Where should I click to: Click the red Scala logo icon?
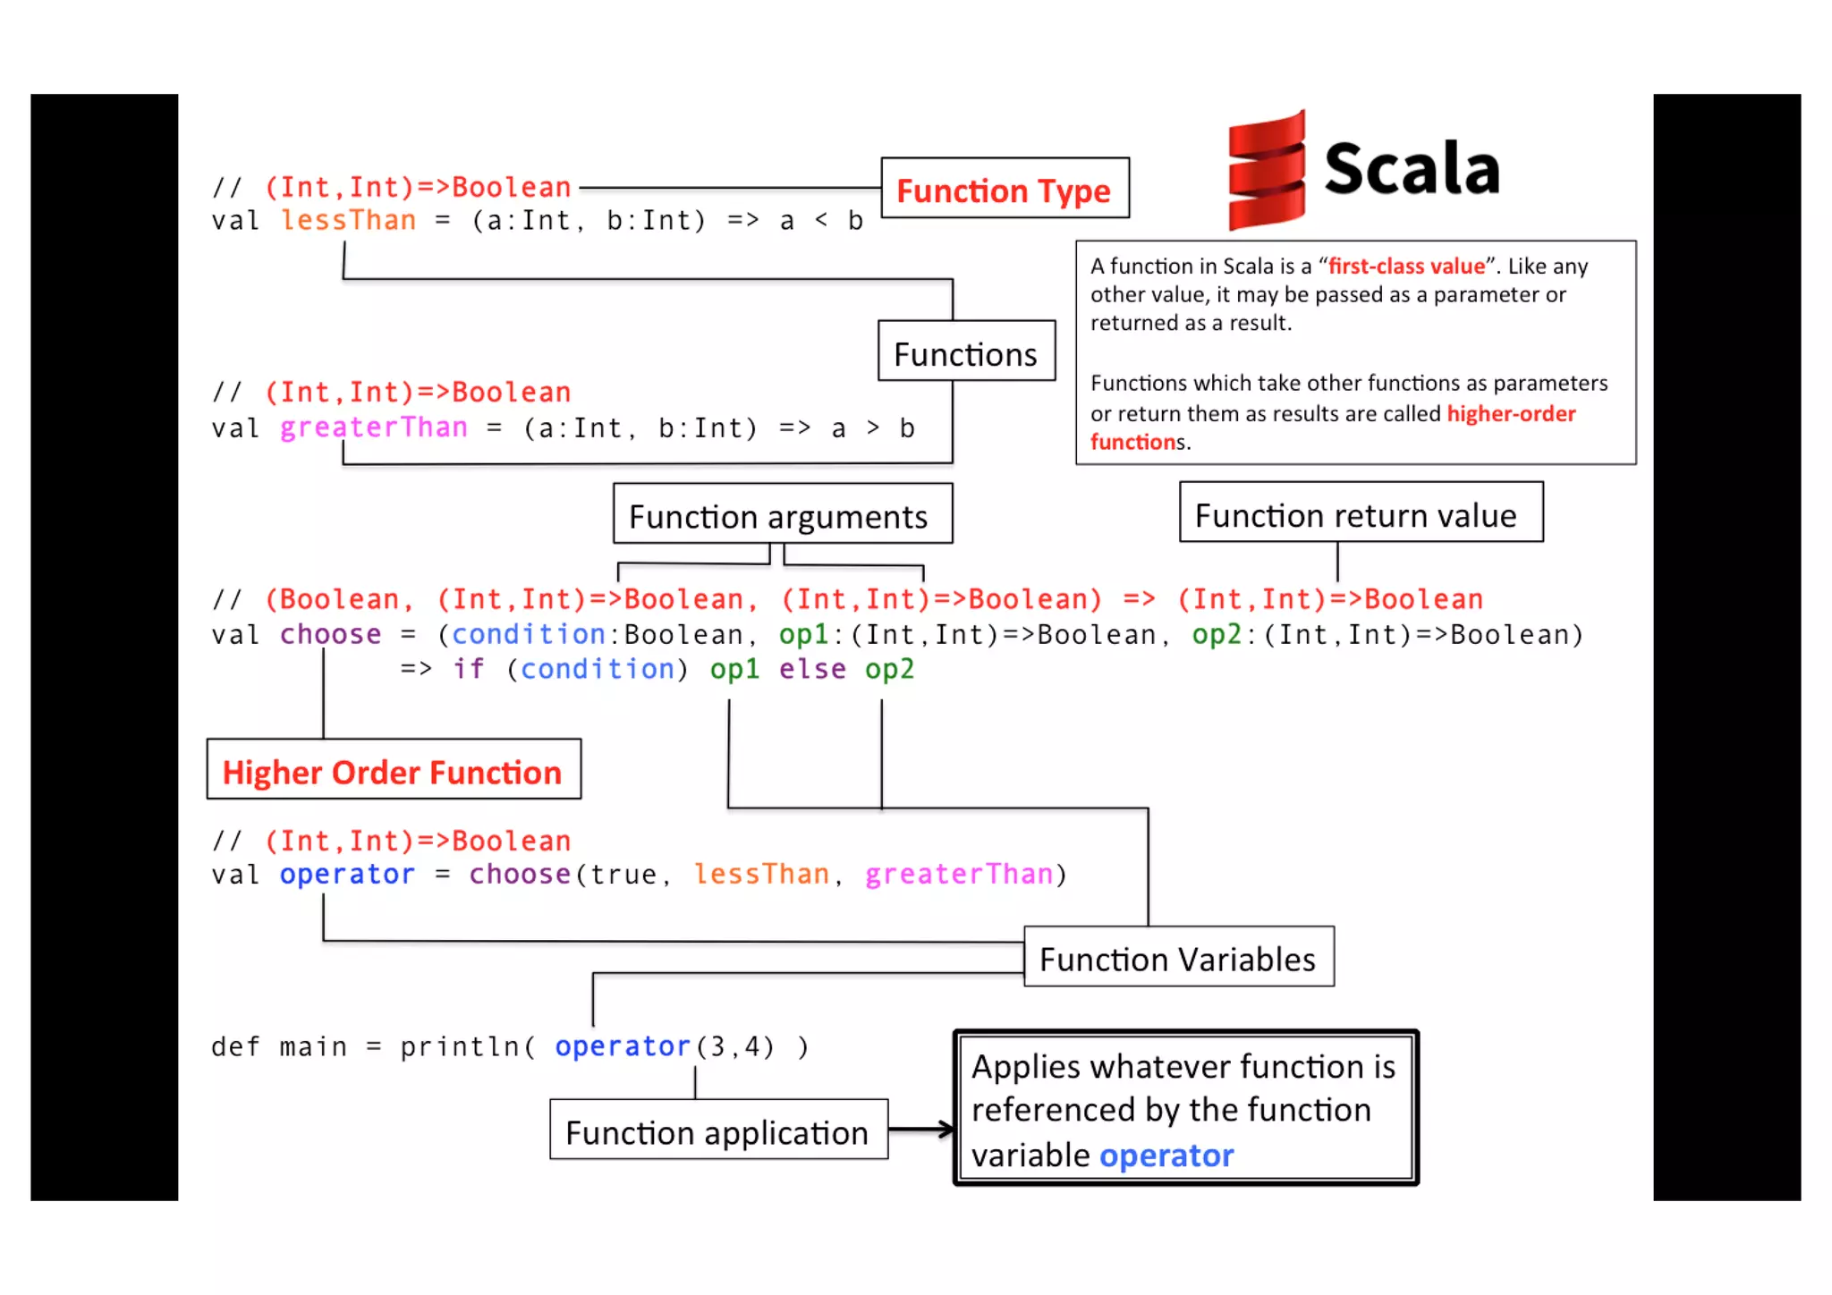[1267, 171]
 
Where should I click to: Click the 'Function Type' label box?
[1005, 189]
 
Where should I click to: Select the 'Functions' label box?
[966, 352]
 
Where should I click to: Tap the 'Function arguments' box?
[782, 514]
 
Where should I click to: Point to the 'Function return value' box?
[1360, 513]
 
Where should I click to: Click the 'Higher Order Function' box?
[394, 770]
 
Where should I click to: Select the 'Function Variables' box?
[1178, 957]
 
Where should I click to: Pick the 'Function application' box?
[718, 1130]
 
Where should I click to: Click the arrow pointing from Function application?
[921, 1130]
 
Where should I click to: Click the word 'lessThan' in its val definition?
[349, 221]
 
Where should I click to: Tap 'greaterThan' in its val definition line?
[373, 427]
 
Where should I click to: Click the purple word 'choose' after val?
[330, 634]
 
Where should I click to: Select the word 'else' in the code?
[811, 669]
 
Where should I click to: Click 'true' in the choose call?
[623, 874]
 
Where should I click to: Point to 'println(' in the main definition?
[467, 1046]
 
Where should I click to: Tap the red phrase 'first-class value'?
[1406, 267]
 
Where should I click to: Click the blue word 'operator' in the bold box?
[1166, 1155]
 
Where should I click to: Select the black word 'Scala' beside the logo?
[1412, 169]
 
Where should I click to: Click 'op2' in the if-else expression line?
[889, 669]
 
